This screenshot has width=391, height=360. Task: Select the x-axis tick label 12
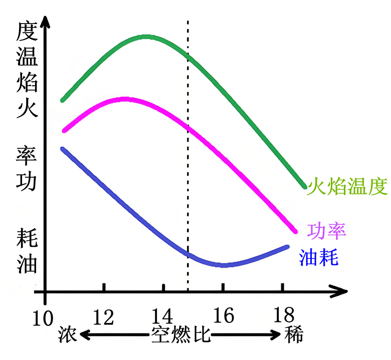click(x=104, y=316)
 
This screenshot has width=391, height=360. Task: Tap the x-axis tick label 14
click(x=163, y=316)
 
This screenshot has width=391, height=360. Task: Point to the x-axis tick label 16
click(x=223, y=316)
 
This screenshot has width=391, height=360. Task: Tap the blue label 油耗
click(x=319, y=257)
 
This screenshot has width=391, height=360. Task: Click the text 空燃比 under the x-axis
click(x=181, y=334)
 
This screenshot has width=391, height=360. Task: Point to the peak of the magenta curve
click(x=123, y=99)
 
